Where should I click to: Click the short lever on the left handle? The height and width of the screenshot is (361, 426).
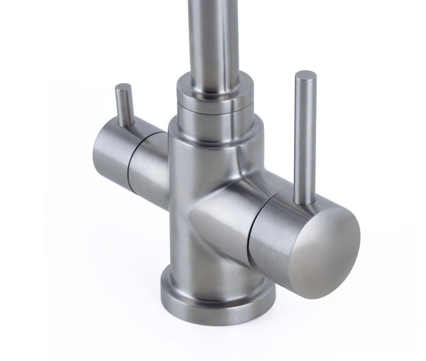(x=124, y=106)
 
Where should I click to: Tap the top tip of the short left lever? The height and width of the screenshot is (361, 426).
(x=123, y=87)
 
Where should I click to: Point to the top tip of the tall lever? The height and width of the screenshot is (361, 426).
(x=305, y=74)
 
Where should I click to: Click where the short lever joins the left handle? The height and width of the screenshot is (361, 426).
(x=126, y=124)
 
